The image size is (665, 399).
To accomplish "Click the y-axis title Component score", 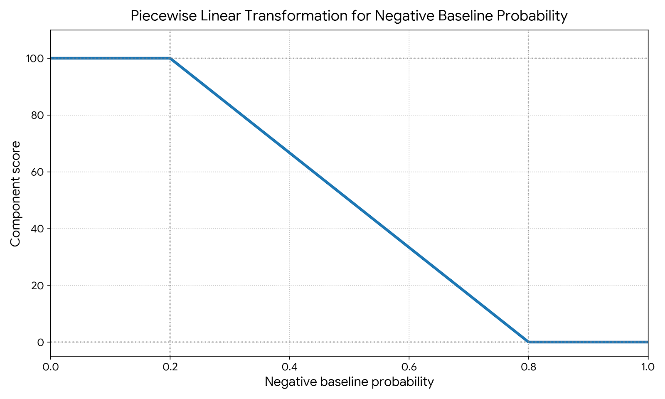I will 15,194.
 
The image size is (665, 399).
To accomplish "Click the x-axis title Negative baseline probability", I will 349,382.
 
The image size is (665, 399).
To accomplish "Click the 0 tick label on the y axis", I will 40,342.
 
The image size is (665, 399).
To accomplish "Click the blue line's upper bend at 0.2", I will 170,58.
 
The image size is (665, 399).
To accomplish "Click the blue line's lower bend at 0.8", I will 528,342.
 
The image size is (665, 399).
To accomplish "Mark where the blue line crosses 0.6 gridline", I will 409,247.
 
